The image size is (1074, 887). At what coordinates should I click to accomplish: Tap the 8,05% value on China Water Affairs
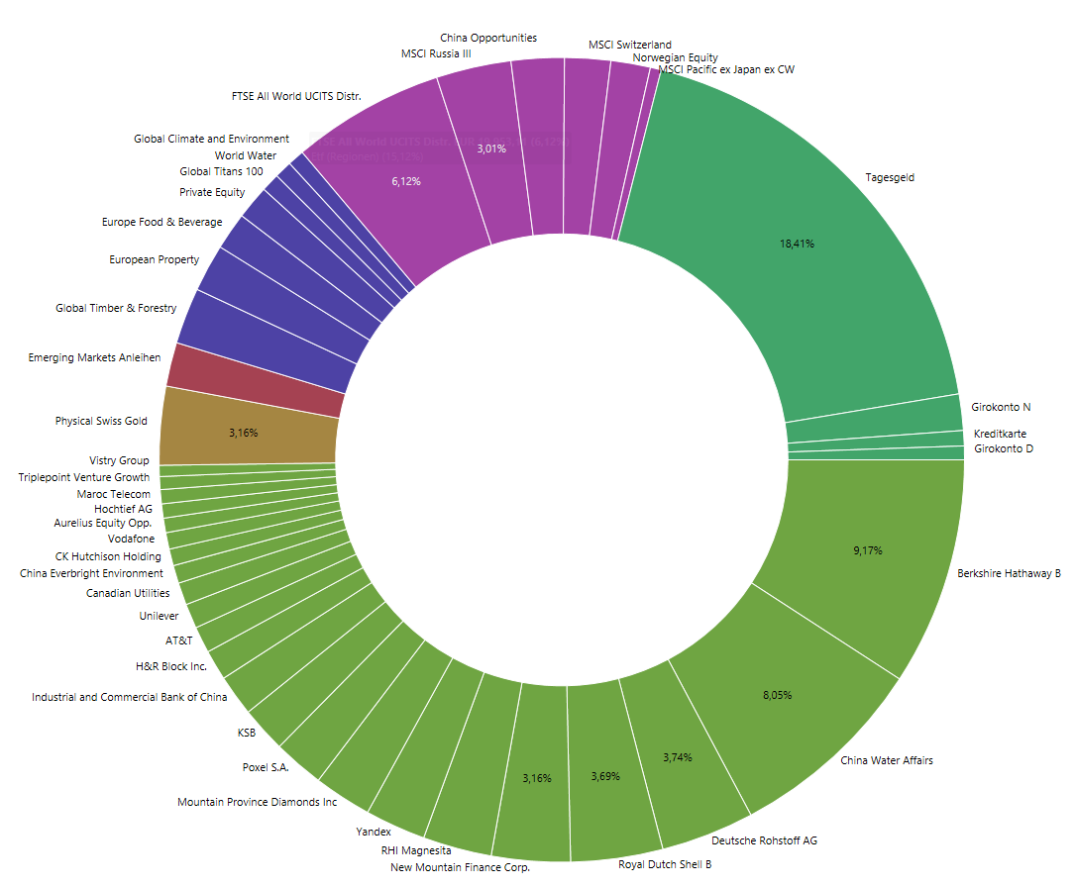777,696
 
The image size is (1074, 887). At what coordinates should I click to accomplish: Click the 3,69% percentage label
604,776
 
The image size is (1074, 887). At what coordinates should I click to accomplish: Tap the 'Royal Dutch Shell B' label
665,864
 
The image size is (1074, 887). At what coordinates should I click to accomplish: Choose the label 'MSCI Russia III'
436,53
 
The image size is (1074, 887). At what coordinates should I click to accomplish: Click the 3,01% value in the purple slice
491,148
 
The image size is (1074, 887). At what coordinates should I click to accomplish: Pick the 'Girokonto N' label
1001,407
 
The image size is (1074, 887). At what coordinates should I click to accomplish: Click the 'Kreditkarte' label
1000,434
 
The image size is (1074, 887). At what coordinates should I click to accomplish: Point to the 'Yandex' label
374,832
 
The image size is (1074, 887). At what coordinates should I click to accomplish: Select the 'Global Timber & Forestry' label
116,308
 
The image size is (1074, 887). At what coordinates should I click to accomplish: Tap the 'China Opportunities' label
488,38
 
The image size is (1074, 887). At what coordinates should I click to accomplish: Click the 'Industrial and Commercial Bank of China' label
130,697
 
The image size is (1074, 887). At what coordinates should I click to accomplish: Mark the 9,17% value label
867,550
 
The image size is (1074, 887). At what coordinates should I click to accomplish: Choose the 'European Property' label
154,259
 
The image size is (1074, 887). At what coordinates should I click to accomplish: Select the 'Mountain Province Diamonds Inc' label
257,802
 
